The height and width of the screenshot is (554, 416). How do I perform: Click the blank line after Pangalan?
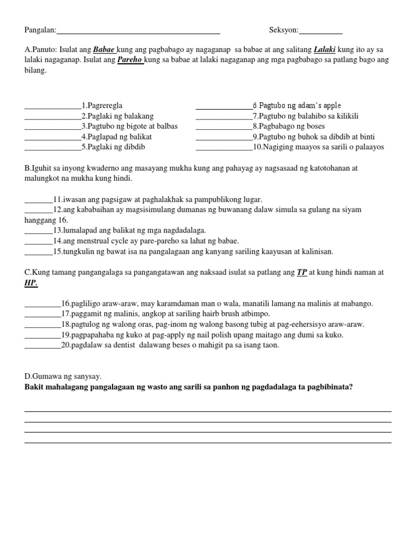138,31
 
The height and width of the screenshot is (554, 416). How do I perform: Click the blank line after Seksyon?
321,31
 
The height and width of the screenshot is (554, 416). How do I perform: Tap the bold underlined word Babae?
104,49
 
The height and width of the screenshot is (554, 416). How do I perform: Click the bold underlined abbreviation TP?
302,273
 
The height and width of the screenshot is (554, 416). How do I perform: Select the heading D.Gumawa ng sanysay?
63,377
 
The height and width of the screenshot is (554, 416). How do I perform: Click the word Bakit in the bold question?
35,387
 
